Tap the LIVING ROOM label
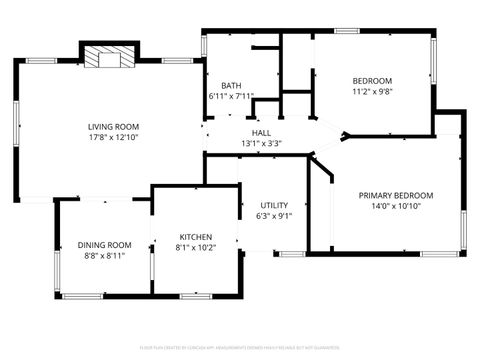(x=113, y=127)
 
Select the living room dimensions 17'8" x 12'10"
(x=113, y=139)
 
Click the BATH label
(x=218, y=85)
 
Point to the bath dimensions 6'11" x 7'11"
(x=231, y=97)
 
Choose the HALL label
(x=261, y=133)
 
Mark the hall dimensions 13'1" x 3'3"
(x=261, y=144)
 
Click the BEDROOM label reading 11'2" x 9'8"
(x=372, y=81)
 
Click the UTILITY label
(x=274, y=205)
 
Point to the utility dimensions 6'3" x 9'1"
(x=274, y=217)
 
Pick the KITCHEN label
(x=196, y=237)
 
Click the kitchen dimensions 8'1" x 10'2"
(x=196, y=248)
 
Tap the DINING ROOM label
(x=105, y=245)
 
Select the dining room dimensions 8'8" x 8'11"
(x=104, y=256)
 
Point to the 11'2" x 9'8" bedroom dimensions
(x=372, y=93)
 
